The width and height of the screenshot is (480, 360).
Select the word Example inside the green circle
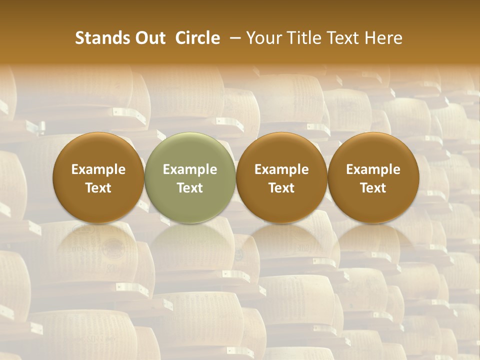click(190, 169)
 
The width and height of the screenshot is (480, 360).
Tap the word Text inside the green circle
click(190, 188)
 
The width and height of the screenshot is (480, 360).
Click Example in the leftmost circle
click(98, 169)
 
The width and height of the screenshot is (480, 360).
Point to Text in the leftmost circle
click(98, 188)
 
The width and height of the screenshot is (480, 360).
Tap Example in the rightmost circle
click(373, 169)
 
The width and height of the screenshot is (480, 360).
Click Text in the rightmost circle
click(373, 188)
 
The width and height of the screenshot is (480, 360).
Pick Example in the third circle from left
click(281, 169)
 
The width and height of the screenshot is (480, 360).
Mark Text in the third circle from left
click(281, 188)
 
